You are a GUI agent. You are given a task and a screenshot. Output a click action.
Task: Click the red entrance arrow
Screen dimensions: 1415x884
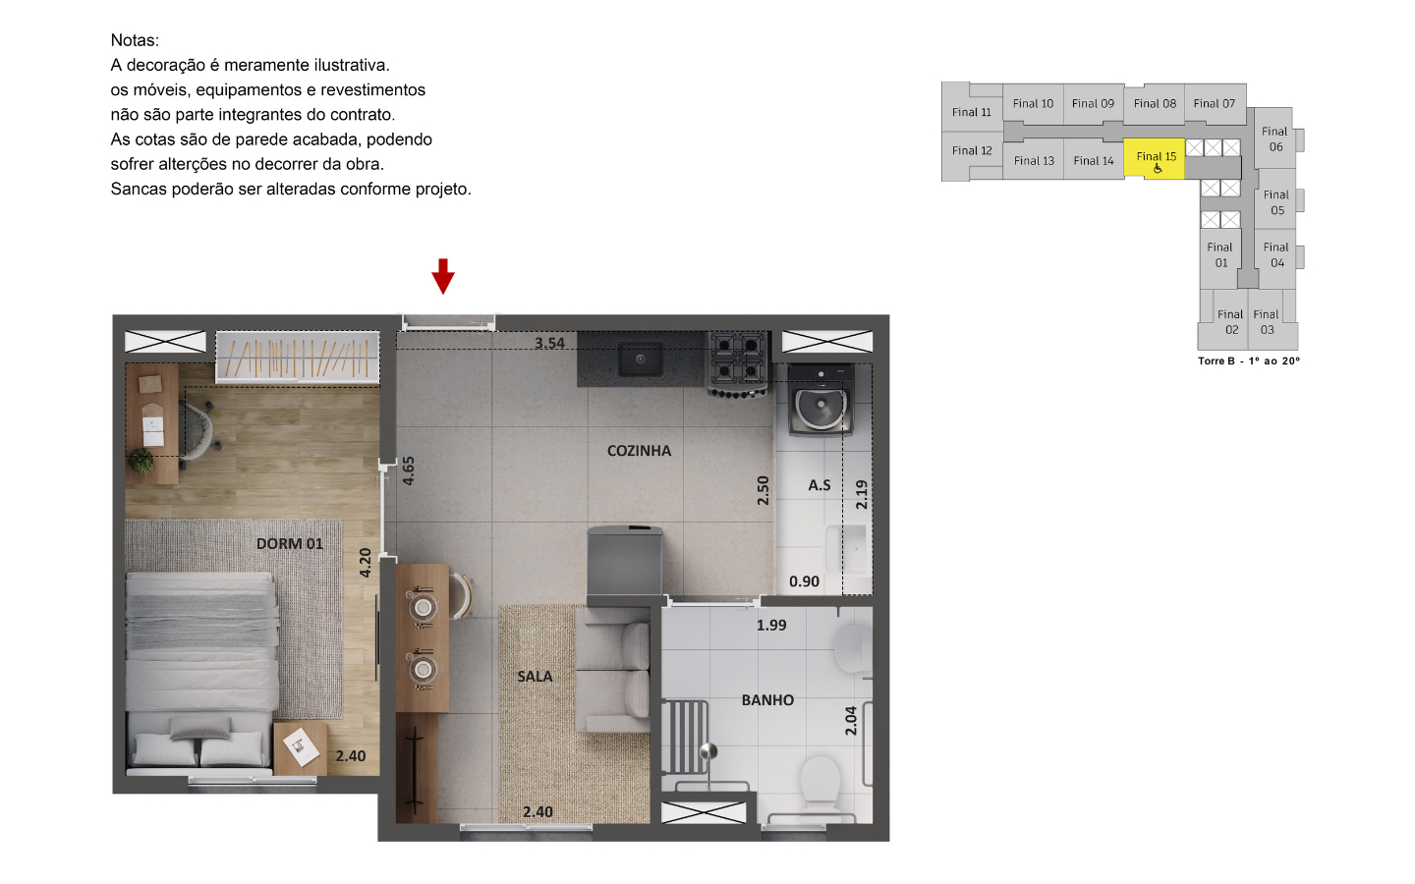point(443,276)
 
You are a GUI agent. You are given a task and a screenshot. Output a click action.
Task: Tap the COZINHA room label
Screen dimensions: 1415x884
point(639,451)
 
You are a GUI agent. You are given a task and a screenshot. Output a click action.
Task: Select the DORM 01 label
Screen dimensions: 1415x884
point(289,544)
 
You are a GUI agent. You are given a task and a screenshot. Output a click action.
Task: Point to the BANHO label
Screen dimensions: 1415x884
point(767,700)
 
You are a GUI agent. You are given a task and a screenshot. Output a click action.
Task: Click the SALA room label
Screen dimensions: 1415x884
point(535,677)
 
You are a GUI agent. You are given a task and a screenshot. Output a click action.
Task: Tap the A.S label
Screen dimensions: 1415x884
point(820,485)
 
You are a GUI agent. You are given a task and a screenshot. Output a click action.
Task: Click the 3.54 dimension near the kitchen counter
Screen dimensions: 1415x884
point(549,344)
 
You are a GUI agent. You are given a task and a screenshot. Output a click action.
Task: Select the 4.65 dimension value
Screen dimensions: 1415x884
point(409,471)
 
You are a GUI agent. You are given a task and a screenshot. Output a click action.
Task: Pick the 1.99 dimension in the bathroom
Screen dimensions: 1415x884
point(771,625)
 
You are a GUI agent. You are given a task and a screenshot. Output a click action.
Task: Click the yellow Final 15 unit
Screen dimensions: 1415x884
point(1154,158)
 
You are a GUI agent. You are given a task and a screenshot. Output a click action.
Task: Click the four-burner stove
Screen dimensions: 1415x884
point(739,364)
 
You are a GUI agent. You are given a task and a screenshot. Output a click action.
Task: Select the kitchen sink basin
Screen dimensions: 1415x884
point(640,359)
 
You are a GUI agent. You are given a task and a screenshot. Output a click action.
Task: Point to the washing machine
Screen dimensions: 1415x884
point(821,401)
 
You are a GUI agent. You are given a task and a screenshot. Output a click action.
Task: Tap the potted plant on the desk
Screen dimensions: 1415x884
point(141,461)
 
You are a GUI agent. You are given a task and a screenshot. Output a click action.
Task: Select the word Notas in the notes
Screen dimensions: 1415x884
point(135,40)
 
